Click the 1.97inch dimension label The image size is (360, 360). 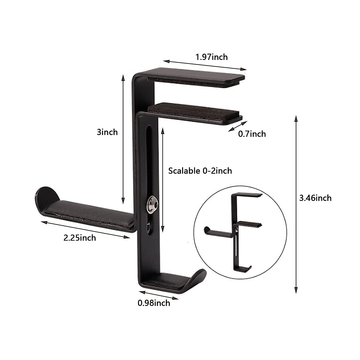(211, 57)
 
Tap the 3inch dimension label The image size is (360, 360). (107, 132)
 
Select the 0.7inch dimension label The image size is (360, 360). (252, 134)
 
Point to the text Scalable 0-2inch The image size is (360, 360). (200, 171)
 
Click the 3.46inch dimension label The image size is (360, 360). (315, 198)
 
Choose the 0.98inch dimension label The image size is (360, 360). (154, 303)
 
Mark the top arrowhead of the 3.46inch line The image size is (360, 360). (296, 118)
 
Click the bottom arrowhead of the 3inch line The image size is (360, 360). (123, 201)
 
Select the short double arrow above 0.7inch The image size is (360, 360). (238, 126)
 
